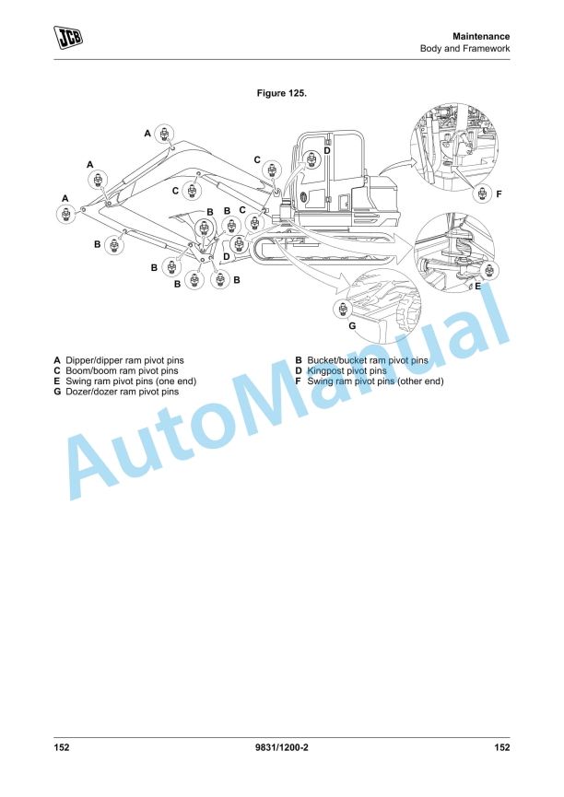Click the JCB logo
pos(68,38)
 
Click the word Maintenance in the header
pos(481,37)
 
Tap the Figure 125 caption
pos(282,94)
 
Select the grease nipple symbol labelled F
pos(482,193)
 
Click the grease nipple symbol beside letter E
pos(489,270)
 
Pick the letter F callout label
pos(499,193)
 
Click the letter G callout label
pos(352,326)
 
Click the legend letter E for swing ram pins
pos(57,381)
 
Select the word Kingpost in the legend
pos(325,371)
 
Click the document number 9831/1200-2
pos(282,747)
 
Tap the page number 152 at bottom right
pos(502,747)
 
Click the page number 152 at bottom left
pos(62,747)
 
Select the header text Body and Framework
pos(464,49)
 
